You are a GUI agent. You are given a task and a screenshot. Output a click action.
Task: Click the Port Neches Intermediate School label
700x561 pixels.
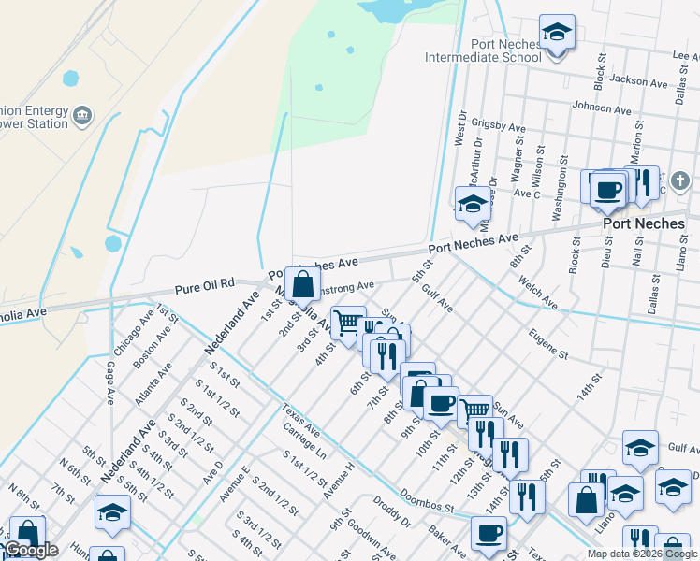pyautogui.click(x=483, y=50)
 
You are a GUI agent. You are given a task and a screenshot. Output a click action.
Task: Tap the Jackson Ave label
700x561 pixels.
pyautogui.click(x=636, y=80)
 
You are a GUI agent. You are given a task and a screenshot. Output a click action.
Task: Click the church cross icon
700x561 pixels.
pyautogui.click(x=680, y=180)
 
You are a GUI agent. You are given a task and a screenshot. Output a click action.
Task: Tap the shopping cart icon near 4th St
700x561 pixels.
pyautogui.click(x=348, y=323)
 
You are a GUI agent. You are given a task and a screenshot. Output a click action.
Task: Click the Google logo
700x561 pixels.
pyautogui.click(x=30, y=550)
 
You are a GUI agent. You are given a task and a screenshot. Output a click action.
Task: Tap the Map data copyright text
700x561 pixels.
pyautogui.click(x=642, y=554)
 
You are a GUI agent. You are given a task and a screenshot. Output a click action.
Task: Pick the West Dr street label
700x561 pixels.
pyautogui.click(x=459, y=131)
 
